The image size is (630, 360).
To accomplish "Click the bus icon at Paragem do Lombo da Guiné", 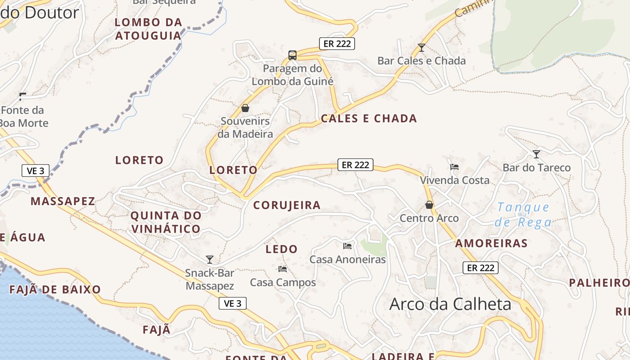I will coord(292,55).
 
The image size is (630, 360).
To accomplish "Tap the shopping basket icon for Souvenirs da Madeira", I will coord(245,108).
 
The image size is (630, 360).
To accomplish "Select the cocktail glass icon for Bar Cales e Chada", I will coord(421,47).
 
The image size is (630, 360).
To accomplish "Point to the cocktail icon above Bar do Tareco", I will coord(536,154).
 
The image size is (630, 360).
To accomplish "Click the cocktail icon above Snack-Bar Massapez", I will coord(209,259).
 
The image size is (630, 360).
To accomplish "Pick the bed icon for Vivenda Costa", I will coord(454,167).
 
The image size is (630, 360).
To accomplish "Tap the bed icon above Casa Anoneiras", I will coord(347,246).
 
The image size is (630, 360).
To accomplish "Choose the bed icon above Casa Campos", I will coord(283,269).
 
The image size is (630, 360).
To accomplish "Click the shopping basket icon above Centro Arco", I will coord(429,205).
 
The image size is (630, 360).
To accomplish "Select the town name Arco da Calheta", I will coord(450,304).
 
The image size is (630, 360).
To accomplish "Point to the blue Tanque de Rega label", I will coord(523,215).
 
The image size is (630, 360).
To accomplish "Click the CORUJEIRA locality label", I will coord(287,205).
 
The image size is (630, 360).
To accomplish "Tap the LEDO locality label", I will coord(281,249).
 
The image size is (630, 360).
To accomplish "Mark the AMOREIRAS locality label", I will coord(491,243).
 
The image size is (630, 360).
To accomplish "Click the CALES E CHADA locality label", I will coord(369,118).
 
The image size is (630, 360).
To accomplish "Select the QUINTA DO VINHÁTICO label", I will coord(166,222).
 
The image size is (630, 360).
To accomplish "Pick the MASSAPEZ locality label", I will coord(63,201).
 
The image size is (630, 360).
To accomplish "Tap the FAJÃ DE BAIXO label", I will coord(55,289).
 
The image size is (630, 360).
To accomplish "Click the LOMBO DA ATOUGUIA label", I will coord(148,29).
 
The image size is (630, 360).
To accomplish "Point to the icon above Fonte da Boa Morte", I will coord(23,96).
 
